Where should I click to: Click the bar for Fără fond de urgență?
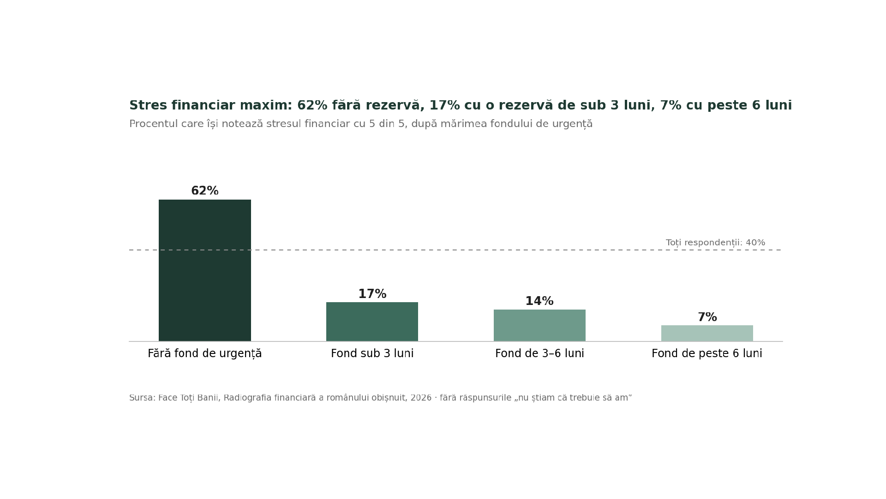(205, 270)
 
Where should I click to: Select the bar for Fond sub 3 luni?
(372, 322)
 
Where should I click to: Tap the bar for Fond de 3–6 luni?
(539, 325)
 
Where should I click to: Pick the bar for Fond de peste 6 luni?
(707, 333)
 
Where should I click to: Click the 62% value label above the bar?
(205, 191)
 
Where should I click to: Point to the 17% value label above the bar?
(372, 294)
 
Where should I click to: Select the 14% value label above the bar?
(539, 301)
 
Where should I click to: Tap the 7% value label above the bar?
(707, 317)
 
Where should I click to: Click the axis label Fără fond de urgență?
(205, 354)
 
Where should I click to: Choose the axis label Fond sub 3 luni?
(372, 354)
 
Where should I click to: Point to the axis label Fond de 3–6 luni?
(539, 354)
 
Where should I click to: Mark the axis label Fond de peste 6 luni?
(707, 354)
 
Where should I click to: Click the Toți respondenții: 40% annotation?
(715, 243)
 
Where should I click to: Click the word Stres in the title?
(148, 105)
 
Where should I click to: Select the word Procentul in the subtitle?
(153, 124)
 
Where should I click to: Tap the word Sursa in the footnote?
(141, 398)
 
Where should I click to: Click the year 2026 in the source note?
(421, 398)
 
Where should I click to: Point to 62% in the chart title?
(312, 105)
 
